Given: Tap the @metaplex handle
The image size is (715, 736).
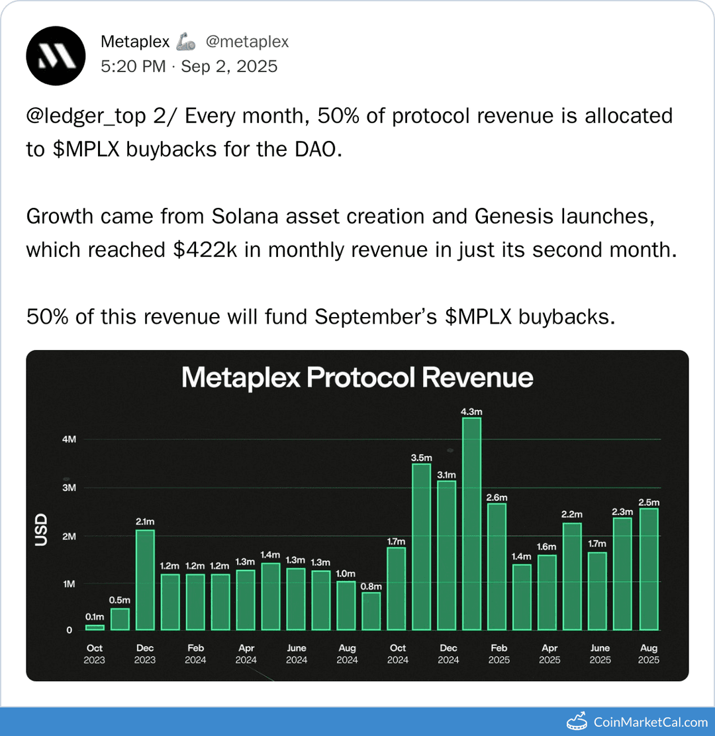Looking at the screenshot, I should click(x=247, y=42).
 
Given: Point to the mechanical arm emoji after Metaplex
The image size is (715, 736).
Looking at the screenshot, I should click(x=186, y=42).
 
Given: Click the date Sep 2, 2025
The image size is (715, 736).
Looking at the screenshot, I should click(x=229, y=66).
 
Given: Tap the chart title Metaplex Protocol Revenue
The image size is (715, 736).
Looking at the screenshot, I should click(x=357, y=378).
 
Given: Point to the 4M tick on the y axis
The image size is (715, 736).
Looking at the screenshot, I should click(x=69, y=439).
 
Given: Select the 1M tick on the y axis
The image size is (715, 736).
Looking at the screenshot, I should click(x=69, y=584).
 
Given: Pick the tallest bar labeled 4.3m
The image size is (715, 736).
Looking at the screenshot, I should click(x=471, y=523).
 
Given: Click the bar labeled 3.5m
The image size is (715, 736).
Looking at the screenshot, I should click(x=421, y=546).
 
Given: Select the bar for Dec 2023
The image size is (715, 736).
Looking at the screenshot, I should click(x=145, y=579).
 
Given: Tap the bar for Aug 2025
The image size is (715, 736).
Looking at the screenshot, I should click(x=648, y=569).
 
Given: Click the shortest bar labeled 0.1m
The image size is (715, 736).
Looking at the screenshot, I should click(x=95, y=627).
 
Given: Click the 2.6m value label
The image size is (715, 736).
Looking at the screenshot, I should click(x=497, y=496).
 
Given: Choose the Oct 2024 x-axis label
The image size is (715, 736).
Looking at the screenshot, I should click(x=397, y=653).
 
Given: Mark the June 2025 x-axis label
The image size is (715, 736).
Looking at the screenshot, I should click(x=600, y=653).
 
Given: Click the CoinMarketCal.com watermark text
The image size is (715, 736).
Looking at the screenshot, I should click(x=650, y=722).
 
